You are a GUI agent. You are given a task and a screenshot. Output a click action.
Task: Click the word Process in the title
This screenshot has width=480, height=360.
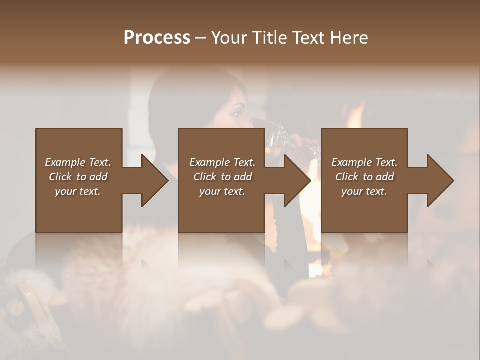(x=157, y=38)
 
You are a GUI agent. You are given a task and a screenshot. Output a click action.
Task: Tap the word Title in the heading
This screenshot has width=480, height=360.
(x=267, y=38)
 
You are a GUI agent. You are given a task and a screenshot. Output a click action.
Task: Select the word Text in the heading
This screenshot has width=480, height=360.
(x=306, y=38)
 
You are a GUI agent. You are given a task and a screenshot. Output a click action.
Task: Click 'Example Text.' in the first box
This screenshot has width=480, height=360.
(x=78, y=162)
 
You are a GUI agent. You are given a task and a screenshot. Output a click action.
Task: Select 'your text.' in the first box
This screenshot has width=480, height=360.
(x=78, y=191)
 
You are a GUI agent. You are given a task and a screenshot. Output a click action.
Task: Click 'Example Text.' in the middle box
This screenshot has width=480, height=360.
(x=222, y=162)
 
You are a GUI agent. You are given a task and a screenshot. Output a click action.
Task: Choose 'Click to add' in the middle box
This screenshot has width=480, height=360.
(x=222, y=177)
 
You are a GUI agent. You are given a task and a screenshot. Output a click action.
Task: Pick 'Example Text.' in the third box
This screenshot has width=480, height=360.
(x=364, y=162)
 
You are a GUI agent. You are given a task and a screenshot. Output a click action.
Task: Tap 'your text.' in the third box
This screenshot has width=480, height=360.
(x=364, y=191)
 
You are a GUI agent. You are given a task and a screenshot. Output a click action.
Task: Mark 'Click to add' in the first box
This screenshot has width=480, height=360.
(x=78, y=177)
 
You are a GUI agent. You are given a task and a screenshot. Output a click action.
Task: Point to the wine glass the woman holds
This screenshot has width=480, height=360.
(x=276, y=137)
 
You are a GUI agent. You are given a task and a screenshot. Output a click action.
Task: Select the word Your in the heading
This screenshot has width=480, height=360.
(x=228, y=38)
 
